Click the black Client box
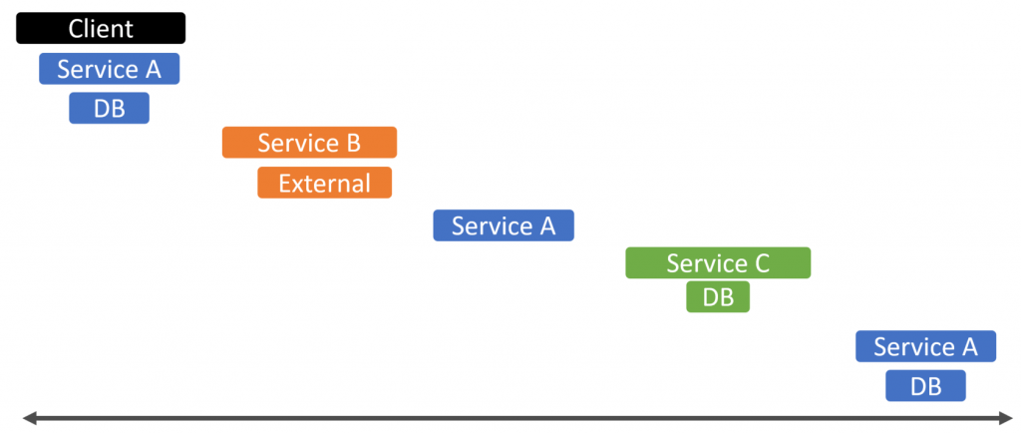point(101,29)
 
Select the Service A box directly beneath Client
point(109,69)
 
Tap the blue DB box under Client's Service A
point(109,108)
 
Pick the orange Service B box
point(309,143)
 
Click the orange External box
point(324,183)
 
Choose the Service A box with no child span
point(504,225)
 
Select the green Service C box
point(718,263)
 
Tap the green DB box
point(718,297)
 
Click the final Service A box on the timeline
point(925,346)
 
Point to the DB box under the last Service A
point(925,385)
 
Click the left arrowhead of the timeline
point(29,417)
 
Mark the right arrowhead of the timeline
point(1007,417)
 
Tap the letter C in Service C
point(761,263)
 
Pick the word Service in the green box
point(707,263)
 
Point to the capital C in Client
point(77,29)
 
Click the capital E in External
point(285,184)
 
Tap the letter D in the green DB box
point(710,297)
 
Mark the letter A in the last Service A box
point(968,347)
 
